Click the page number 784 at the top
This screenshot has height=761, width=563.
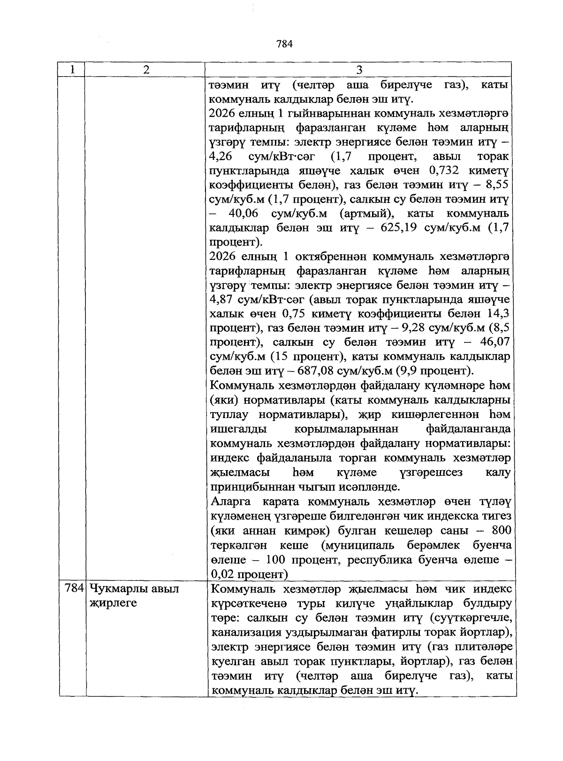pyautogui.click(x=285, y=44)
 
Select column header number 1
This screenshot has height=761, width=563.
pyautogui.click(x=72, y=69)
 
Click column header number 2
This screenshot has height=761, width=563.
pyautogui.click(x=146, y=69)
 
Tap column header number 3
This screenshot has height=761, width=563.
pyautogui.click(x=359, y=70)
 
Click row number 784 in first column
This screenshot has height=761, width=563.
pyautogui.click(x=74, y=588)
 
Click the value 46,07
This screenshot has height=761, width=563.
pyautogui.click(x=493, y=342)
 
